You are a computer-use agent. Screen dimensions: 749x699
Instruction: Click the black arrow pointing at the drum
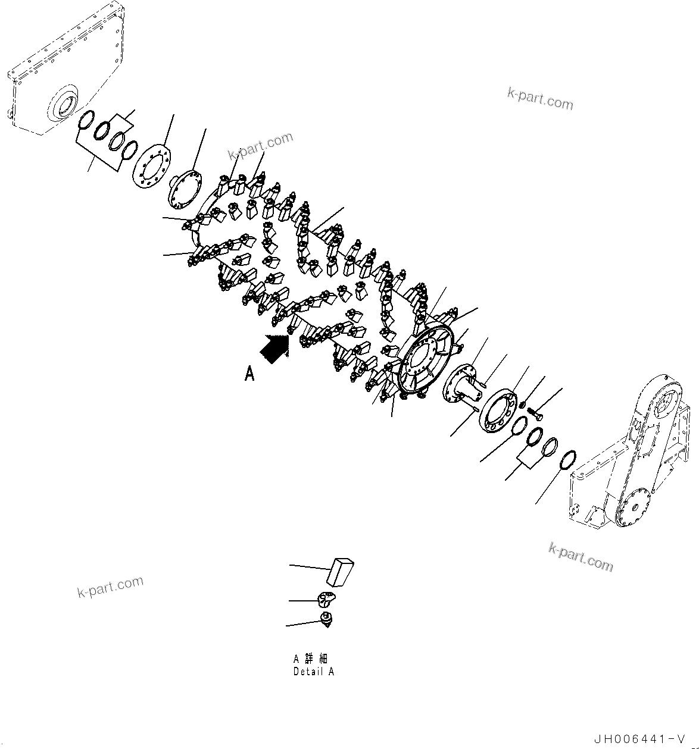click(274, 348)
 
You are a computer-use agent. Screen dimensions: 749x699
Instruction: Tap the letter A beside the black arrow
click(250, 374)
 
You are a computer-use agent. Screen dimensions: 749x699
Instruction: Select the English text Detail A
click(313, 671)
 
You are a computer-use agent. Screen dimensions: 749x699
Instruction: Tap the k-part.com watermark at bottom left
click(110, 587)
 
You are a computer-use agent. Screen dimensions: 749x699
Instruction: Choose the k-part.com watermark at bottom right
click(581, 557)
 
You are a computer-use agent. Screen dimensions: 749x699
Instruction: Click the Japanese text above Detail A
click(310, 659)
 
